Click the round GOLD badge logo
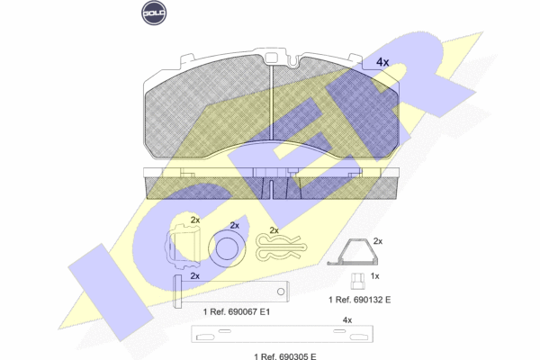(154, 13)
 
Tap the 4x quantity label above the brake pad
(382, 62)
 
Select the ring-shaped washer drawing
(227, 247)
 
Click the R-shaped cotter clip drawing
(281, 247)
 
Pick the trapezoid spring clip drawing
(352, 252)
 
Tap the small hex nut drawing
(356, 281)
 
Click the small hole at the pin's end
(281, 292)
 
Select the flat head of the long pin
(176, 291)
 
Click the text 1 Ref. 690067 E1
(236, 311)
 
